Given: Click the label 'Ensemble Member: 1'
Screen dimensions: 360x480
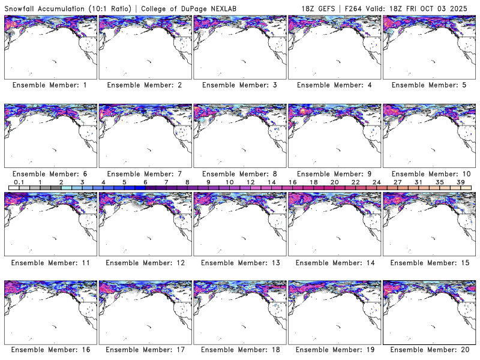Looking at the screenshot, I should pyautogui.click(x=49, y=85).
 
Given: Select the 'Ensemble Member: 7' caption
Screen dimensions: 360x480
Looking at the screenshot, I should pyautogui.click(x=144, y=174).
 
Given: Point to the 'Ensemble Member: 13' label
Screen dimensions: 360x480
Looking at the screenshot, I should pyautogui.click(x=239, y=263).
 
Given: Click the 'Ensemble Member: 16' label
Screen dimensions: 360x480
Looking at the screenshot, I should pyautogui.click(x=49, y=350).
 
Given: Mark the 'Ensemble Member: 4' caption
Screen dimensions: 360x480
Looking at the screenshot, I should pyautogui.click(x=334, y=85).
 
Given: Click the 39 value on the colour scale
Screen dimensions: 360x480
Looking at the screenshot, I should pyautogui.click(x=460, y=182).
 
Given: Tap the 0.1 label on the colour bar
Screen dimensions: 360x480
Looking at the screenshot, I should pyautogui.click(x=19, y=182).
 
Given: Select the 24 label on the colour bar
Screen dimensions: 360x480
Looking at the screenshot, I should pyautogui.click(x=376, y=182).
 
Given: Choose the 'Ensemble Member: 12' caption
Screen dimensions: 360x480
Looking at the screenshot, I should pyautogui.click(x=144, y=263).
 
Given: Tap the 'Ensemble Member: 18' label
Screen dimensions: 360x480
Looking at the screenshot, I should pyautogui.click(x=239, y=350).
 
